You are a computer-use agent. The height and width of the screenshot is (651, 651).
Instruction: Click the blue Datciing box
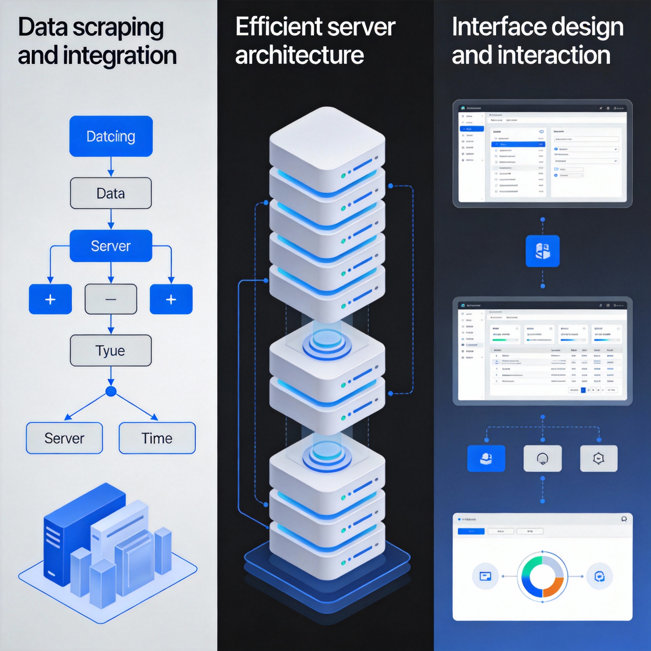click(x=111, y=136)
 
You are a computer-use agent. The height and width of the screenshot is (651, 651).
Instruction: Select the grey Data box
click(x=111, y=193)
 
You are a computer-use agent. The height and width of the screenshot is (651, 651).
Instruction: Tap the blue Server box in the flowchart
click(x=111, y=246)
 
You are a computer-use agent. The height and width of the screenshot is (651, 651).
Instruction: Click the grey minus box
click(x=111, y=299)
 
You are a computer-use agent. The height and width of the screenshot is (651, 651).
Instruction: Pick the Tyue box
click(x=111, y=350)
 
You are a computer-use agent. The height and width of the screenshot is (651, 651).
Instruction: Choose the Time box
click(x=157, y=438)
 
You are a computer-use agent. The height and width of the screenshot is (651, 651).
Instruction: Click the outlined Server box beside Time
click(x=64, y=438)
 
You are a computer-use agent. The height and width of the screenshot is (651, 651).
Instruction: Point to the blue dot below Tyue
click(x=111, y=391)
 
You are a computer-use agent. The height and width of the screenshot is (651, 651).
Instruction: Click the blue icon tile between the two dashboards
click(x=543, y=251)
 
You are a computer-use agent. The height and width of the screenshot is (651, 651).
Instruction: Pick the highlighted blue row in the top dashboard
click(x=518, y=144)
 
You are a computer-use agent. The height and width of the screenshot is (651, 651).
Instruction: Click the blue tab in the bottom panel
click(x=471, y=531)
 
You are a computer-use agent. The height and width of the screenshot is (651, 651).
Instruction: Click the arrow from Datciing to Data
click(x=111, y=167)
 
